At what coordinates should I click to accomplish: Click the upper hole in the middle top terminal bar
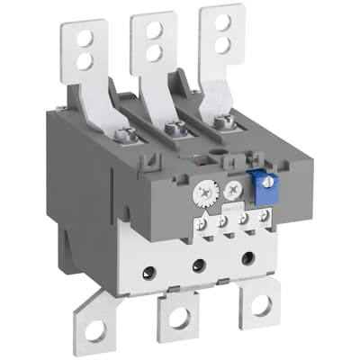(154, 28)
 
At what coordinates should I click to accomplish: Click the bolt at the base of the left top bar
(127, 136)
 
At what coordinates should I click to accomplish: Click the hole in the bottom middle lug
(178, 319)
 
